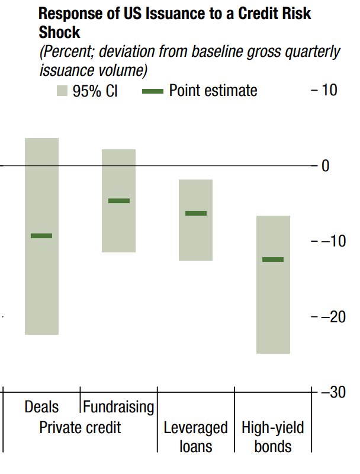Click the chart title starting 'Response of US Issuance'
[x=175, y=22]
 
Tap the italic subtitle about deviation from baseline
[x=189, y=60]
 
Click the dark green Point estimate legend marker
[x=153, y=91]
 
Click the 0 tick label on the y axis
[x=325, y=166]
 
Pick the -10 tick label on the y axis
[x=329, y=241]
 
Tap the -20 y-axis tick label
[x=329, y=317]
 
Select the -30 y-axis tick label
[x=329, y=392]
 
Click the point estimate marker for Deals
[x=41, y=236]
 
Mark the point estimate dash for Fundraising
[x=119, y=201]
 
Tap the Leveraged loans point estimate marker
[x=196, y=213]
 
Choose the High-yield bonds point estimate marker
[x=273, y=260]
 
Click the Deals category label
[x=41, y=407]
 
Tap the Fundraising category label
[x=118, y=407]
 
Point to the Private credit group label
[x=80, y=427]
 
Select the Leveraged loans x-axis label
[x=195, y=437]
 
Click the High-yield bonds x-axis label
[x=273, y=437]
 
